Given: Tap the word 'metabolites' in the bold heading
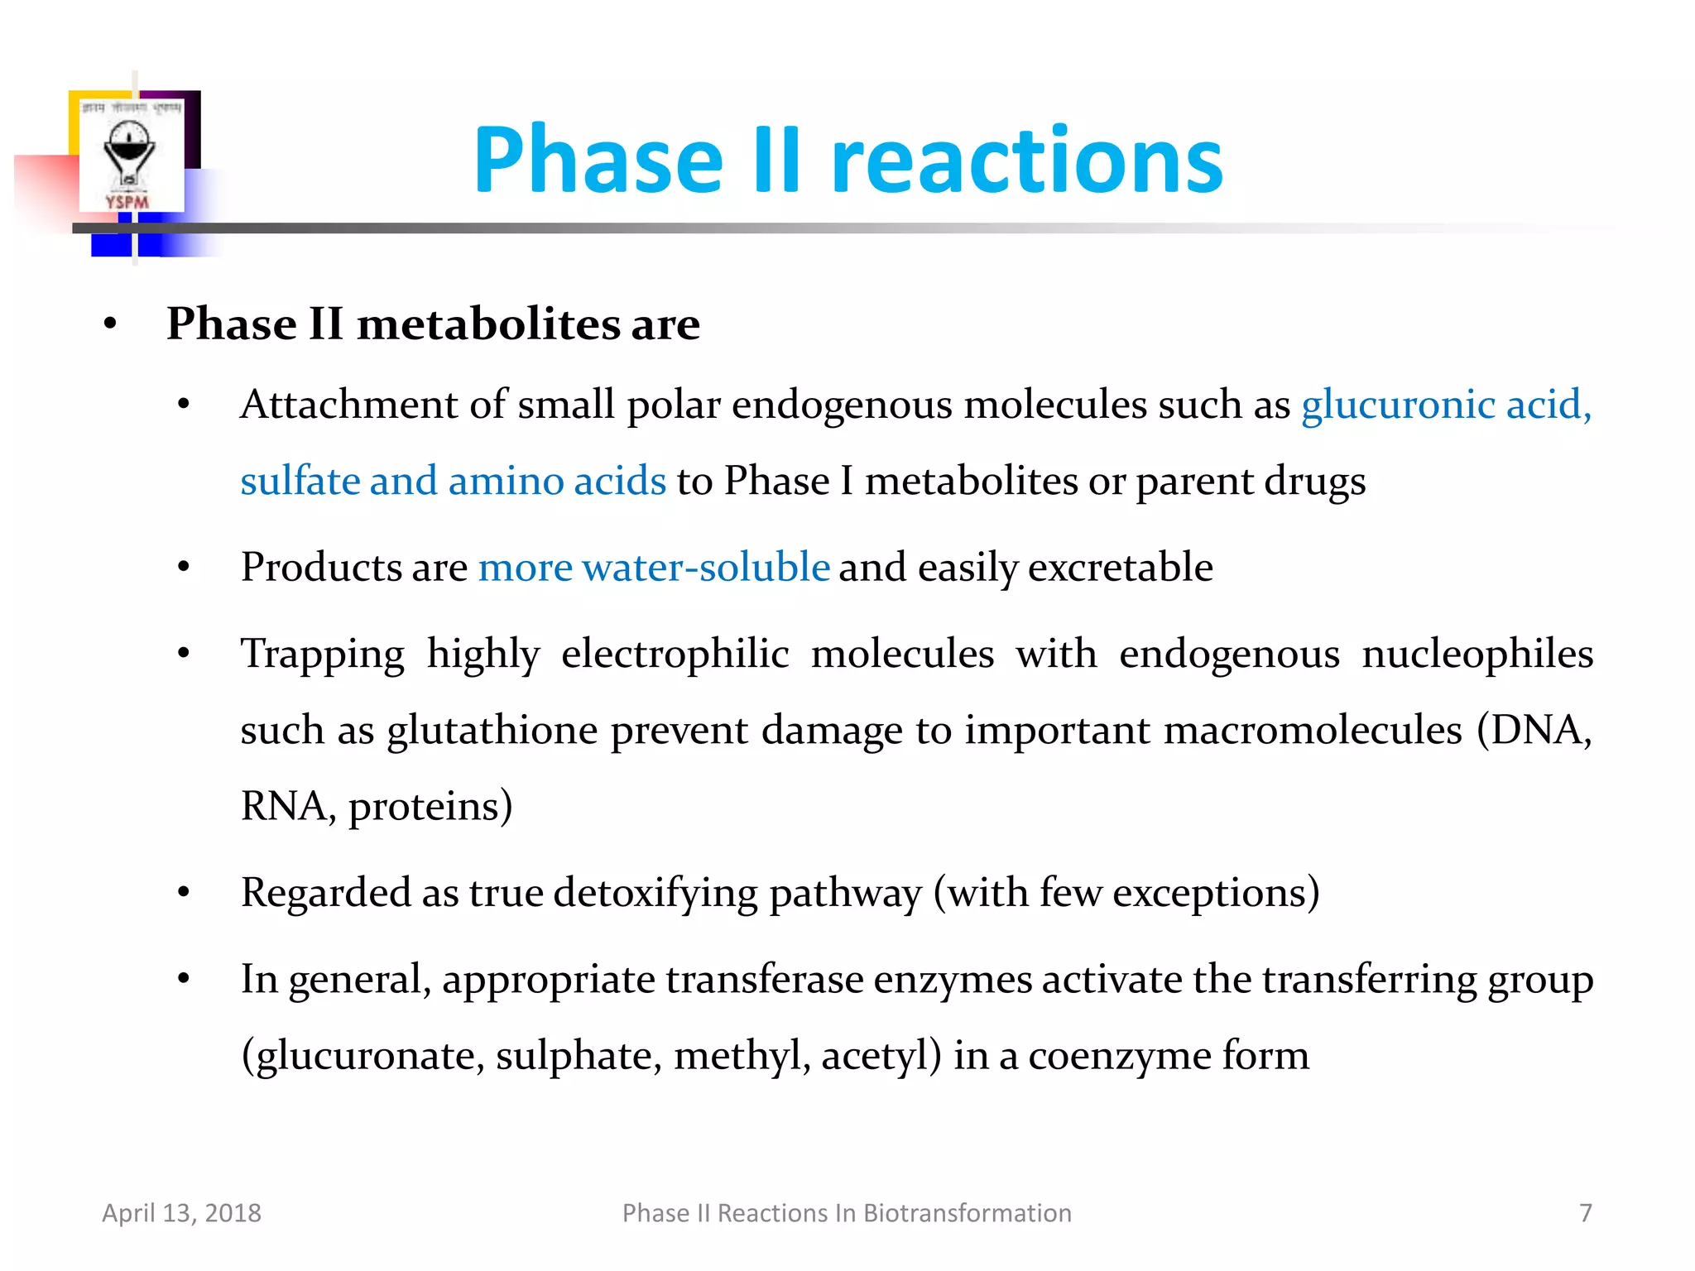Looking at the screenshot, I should pyautogui.click(x=488, y=324).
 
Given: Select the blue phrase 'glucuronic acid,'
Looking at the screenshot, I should pyautogui.click(x=1446, y=405).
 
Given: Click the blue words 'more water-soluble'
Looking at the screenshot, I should pyautogui.click(x=654, y=568).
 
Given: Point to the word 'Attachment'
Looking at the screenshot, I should pyautogui.click(x=348, y=405).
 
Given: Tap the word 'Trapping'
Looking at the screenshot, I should pyautogui.click(x=323, y=655).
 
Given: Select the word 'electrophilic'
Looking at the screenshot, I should pyautogui.click(x=675, y=655).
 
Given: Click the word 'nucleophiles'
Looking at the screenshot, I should pyautogui.click(x=1477, y=655).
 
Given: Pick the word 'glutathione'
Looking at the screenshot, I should pyautogui.click(x=492, y=731).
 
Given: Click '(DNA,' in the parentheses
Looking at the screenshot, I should pyautogui.click(x=1534, y=731).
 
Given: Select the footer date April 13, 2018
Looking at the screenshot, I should pyautogui.click(x=181, y=1213).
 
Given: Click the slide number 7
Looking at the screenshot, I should pyautogui.click(x=1585, y=1213).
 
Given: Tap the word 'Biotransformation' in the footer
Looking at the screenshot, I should pyautogui.click(x=967, y=1213).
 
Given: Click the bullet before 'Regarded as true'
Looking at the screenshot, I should pyautogui.click(x=184, y=893).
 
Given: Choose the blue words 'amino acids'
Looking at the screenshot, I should pyautogui.click(x=557, y=482).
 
